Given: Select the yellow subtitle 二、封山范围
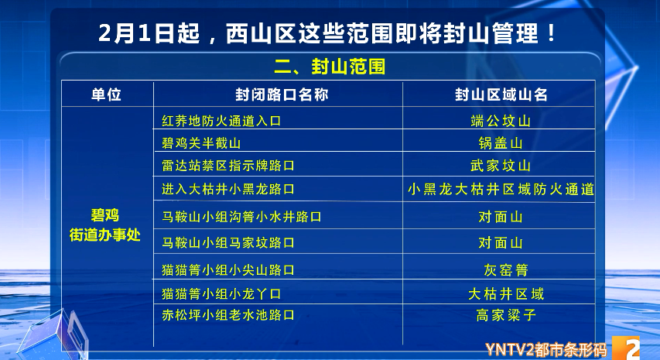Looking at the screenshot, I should pos(329,67).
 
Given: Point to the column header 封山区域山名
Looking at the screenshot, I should pos(501,94).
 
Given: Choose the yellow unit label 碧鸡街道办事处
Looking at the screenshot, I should pos(106,224).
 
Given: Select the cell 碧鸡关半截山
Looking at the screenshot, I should pos(201,143).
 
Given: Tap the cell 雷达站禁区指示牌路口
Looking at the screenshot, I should pos(228,166).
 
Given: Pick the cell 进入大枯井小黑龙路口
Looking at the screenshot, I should pos(228,189).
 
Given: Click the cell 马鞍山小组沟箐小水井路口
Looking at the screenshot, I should pos(241,217).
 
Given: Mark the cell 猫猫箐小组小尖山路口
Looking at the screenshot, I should pos(228,270).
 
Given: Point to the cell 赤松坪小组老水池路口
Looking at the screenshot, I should pos(228,315).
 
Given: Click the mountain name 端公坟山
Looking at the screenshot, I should pos(501,121).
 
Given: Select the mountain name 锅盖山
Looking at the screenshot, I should pos(501,143).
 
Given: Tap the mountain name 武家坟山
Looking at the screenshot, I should pos(501,166).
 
